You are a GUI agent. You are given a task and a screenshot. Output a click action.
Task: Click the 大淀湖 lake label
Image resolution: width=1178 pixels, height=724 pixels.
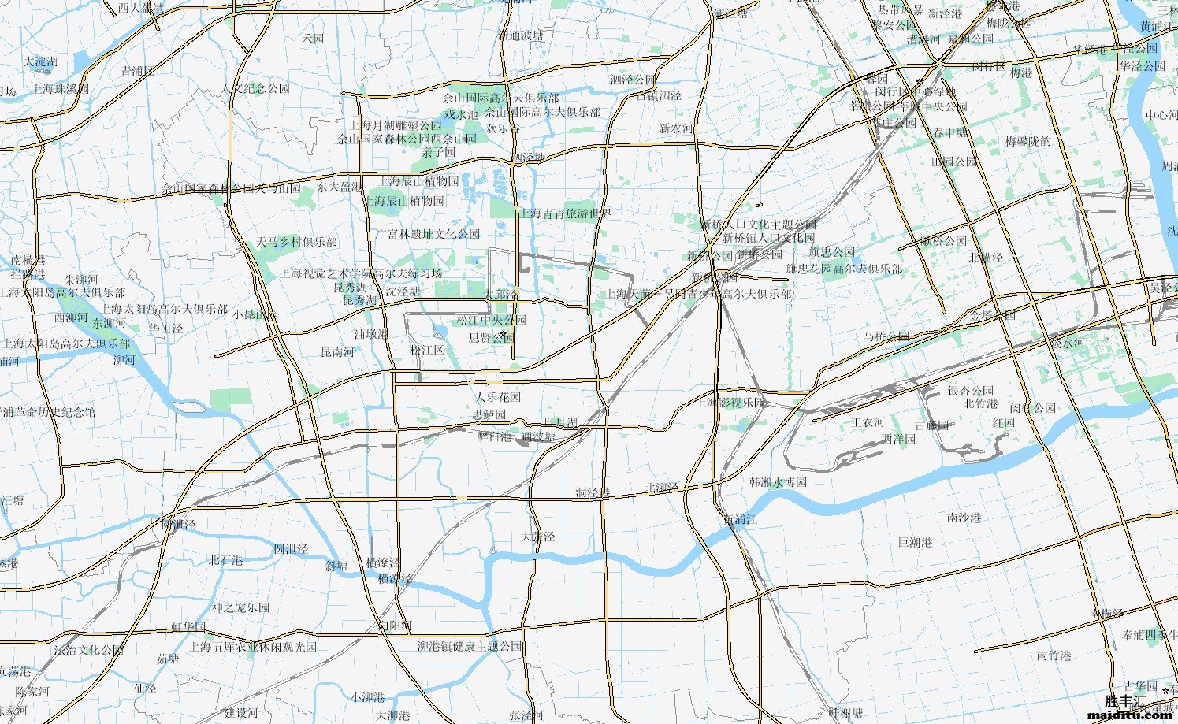[x=40, y=61]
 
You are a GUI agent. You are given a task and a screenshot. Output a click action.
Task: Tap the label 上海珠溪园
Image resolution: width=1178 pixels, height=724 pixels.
[x=61, y=89]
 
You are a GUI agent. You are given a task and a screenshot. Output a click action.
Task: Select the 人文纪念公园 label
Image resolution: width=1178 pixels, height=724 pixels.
[x=256, y=88]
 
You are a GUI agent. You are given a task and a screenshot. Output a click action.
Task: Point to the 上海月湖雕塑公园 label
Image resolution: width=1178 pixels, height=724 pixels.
[x=396, y=125]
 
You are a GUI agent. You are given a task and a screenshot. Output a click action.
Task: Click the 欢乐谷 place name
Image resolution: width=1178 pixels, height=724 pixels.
[x=503, y=128]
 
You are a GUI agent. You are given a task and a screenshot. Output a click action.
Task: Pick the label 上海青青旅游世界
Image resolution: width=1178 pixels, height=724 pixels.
[x=565, y=213]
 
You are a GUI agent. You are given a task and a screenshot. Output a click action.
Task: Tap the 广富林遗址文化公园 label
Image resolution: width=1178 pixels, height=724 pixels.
[x=426, y=234]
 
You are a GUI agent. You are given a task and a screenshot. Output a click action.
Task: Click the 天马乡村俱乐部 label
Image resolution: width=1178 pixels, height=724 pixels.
[x=296, y=242]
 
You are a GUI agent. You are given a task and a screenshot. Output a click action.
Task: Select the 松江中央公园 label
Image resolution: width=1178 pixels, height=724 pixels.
[x=491, y=320]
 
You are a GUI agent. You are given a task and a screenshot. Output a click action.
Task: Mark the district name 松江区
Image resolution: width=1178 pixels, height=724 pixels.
[x=427, y=350]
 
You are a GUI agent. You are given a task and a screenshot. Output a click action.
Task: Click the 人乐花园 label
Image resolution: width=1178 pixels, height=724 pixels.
[x=498, y=397]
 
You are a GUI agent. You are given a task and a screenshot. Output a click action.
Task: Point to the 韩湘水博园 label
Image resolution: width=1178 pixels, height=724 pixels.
[x=778, y=481]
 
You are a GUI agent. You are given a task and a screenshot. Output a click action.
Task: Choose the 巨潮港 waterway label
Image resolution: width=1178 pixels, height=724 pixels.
[x=915, y=542]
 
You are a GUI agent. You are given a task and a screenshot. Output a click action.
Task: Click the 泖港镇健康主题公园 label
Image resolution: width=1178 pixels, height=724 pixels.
[x=470, y=646]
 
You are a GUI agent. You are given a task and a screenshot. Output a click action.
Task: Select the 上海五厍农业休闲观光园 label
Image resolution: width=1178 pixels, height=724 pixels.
[x=253, y=647]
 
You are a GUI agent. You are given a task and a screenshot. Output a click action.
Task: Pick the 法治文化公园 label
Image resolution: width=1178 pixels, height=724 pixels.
[x=89, y=650]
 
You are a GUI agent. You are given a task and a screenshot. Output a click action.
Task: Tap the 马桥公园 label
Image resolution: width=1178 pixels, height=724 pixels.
[x=886, y=336]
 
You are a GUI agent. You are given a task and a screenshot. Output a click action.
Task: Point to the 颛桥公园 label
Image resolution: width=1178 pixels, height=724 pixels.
[x=943, y=241]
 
